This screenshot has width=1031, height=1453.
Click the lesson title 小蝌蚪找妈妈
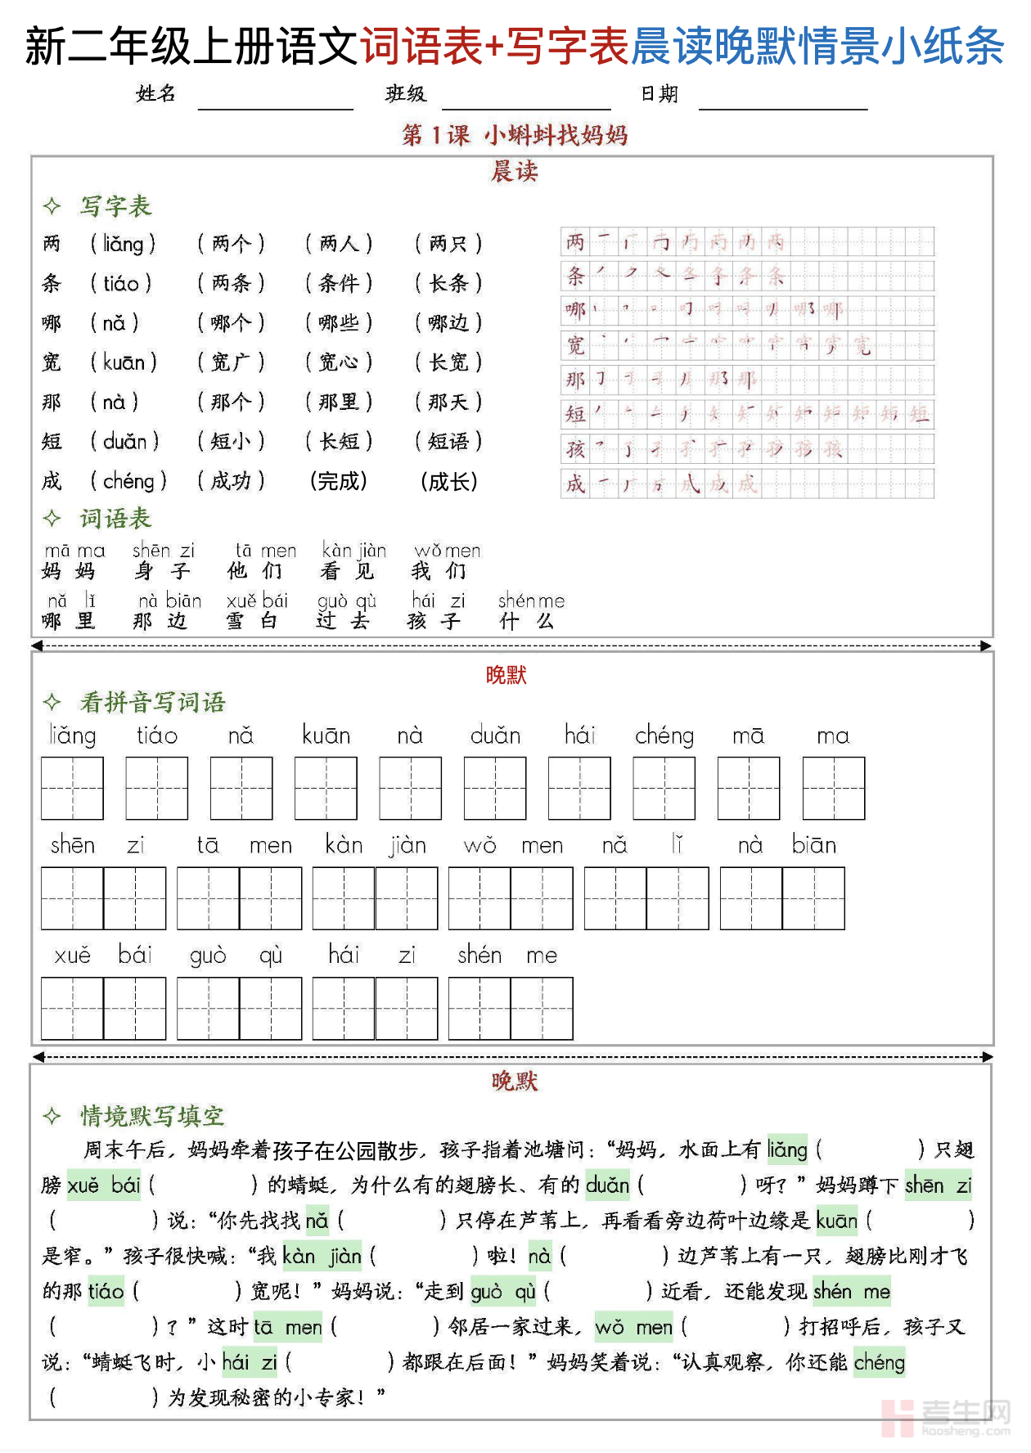556,135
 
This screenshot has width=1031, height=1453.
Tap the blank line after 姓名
275,102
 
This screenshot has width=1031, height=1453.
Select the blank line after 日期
782,102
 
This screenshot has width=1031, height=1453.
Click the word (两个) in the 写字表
231,244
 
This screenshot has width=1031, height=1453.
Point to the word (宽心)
339,362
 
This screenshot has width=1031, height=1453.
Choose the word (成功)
231,481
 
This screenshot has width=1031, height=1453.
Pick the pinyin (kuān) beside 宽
124,362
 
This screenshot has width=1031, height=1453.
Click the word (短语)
448,442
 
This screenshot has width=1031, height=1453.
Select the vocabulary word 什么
527,621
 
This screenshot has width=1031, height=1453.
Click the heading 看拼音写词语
152,702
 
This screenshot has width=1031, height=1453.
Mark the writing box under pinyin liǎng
72,788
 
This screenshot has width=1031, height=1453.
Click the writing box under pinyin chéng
664,788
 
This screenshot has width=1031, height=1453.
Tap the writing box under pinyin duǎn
494,788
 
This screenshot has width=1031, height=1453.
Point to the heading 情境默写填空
152,1116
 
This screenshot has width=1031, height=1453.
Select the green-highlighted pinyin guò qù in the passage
503,1292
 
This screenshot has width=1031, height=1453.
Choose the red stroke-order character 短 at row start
576,414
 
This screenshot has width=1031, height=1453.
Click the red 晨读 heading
514,172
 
